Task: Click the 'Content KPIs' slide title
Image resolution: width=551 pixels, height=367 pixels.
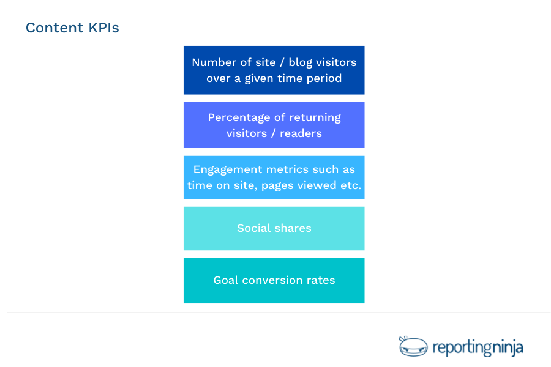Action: click(72, 28)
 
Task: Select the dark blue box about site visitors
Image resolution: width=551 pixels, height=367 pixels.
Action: click(274, 70)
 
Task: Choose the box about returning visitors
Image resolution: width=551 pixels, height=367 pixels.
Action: click(274, 125)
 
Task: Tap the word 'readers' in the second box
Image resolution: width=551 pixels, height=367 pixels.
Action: click(301, 133)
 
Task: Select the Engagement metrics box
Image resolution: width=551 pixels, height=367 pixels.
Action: click(274, 177)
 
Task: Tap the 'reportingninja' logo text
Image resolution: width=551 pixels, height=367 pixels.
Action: click(478, 348)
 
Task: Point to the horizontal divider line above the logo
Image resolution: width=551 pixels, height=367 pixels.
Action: click(279, 313)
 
